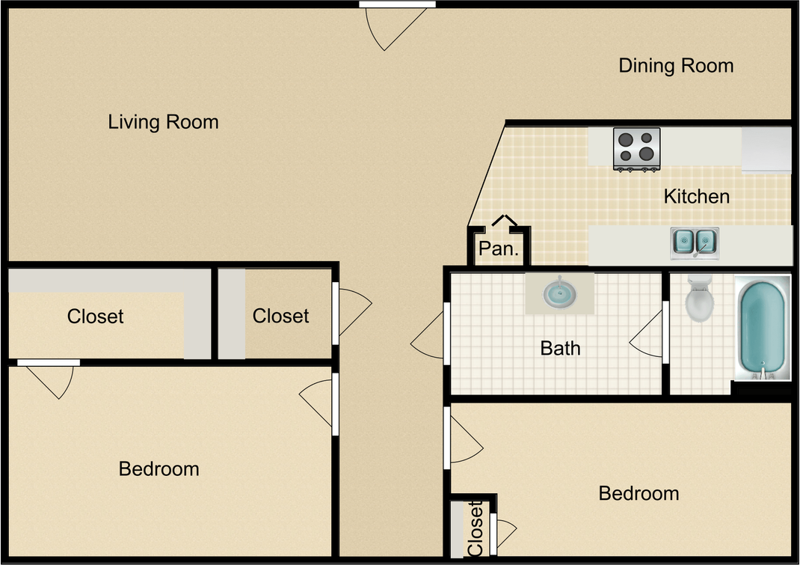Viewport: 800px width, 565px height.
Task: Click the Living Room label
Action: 163,122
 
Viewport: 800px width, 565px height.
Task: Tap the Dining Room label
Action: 676,65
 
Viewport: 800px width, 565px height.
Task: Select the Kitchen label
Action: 696,196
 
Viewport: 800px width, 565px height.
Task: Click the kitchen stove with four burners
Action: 637,149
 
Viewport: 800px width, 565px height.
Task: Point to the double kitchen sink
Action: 695,244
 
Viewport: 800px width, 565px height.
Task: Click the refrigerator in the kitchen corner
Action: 766,150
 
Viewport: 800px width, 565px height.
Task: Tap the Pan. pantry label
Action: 499,248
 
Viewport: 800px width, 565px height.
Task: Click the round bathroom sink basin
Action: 560,293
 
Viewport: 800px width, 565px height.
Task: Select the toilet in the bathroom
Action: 700,299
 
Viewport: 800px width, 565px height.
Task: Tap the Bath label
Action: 560,349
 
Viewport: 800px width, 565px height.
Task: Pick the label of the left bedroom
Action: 159,469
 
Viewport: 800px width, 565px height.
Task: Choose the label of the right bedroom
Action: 639,493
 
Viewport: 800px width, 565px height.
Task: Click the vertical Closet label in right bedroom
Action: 475,528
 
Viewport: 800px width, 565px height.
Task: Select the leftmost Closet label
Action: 96,317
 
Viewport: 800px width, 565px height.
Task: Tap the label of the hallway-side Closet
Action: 280,317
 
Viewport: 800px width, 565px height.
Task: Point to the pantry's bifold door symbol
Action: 505,220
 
